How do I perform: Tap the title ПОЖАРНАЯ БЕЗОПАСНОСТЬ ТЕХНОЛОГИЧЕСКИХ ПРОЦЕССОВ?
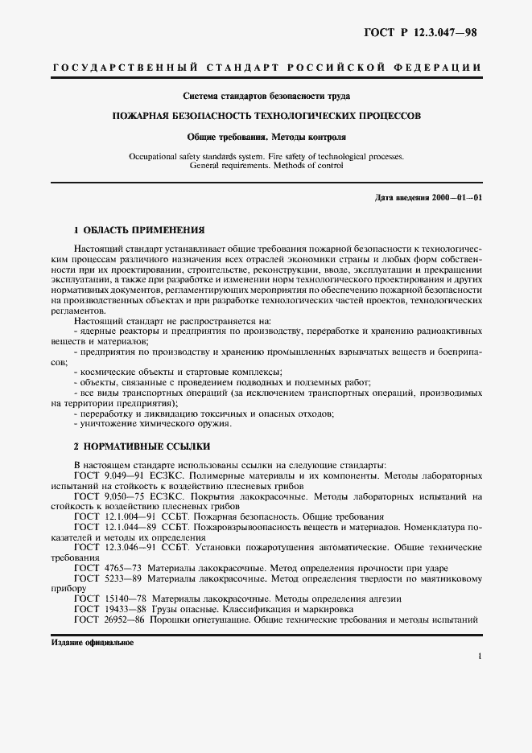(266, 116)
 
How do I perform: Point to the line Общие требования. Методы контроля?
(266, 137)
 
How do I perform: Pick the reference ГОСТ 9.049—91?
(109, 476)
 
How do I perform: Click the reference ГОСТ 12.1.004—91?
(114, 516)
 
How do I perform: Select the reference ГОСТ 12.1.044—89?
(114, 526)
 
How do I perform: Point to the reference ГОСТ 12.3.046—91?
(114, 547)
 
